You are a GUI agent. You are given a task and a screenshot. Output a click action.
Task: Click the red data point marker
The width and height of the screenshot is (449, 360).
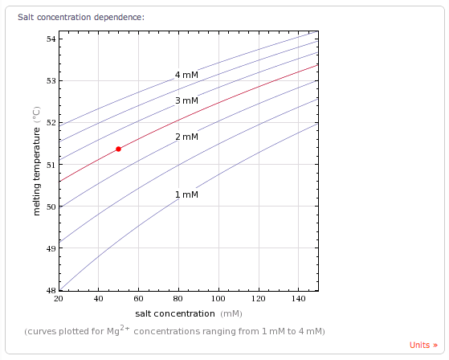point(118,149)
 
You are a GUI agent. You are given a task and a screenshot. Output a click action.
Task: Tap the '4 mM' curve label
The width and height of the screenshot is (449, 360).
point(186,75)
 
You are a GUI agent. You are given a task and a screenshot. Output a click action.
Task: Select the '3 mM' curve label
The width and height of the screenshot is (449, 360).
point(186,100)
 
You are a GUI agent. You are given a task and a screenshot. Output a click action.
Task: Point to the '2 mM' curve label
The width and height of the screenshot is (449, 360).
point(186,137)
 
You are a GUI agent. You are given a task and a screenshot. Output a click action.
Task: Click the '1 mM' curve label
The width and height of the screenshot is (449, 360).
point(186,194)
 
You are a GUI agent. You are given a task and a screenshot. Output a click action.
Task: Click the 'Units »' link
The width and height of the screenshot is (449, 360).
point(423,345)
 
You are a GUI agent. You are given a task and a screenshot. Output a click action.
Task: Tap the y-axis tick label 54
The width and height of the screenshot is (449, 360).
point(51,39)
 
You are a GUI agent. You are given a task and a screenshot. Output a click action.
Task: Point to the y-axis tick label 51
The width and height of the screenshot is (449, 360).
point(51,165)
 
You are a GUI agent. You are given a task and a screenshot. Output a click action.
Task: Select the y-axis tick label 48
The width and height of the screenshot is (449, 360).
point(51,290)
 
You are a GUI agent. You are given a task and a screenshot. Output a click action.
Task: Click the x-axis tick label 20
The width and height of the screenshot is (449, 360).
point(59,299)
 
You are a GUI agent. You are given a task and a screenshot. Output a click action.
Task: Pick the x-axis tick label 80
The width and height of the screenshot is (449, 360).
point(178,299)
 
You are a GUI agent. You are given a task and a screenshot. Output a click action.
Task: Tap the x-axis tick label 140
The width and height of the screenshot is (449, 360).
point(298,299)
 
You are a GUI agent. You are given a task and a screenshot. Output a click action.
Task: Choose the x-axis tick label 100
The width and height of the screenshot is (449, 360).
point(218,299)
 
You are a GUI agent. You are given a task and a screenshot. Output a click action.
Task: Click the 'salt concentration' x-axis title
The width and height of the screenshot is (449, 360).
point(175,314)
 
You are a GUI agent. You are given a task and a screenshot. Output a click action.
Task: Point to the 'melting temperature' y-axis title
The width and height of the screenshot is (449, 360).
point(37,171)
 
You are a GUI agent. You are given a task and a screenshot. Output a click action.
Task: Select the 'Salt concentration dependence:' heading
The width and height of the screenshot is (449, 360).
point(81,17)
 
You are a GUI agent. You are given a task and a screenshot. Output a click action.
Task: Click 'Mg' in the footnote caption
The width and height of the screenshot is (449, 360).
point(113,331)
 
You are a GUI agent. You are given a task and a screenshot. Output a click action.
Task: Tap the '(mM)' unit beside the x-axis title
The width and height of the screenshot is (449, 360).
point(231,314)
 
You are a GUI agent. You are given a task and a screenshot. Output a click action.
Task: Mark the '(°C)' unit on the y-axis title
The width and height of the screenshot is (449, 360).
point(37,115)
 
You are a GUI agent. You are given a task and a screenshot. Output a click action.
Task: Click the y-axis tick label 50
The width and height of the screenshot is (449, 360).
point(51,207)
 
